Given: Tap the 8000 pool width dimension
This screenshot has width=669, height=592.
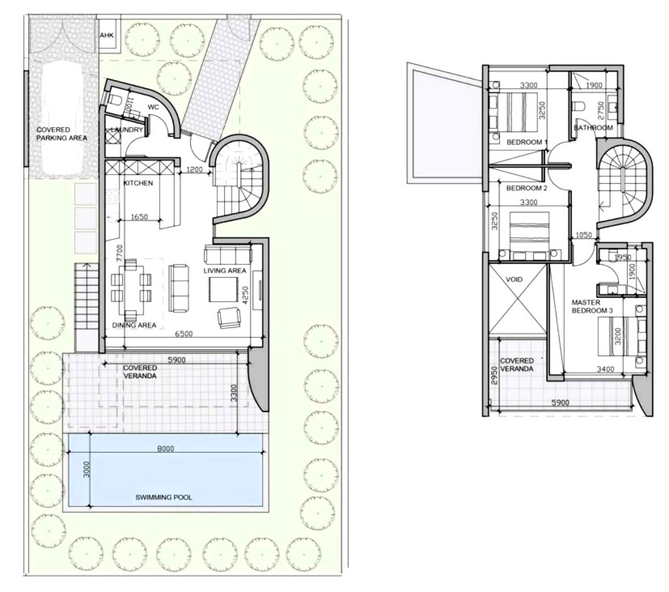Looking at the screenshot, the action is click(x=166, y=449).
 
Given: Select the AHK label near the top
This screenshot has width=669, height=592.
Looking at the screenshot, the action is click(x=107, y=35).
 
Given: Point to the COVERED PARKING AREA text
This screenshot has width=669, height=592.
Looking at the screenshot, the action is click(x=62, y=134).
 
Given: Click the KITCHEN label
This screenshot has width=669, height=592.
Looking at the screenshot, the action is click(x=138, y=183).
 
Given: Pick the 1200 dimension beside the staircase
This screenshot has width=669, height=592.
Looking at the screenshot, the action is click(x=194, y=169).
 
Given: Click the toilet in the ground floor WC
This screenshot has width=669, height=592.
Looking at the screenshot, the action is click(x=114, y=99).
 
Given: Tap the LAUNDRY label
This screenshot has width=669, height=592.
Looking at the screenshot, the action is click(x=127, y=130).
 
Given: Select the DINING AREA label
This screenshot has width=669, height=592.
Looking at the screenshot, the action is click(x=134, y=325).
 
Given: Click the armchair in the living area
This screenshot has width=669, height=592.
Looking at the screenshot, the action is click(x=229, y=318).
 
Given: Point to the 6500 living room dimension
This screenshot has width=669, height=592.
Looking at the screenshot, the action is click(x=184, y=334).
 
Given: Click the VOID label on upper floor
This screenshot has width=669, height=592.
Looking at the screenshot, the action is click(x=514, y=279).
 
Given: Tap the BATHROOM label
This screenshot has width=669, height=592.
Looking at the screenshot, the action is click(x=593, y=128).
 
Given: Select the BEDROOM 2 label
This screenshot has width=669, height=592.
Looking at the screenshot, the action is click(x=527, y=188).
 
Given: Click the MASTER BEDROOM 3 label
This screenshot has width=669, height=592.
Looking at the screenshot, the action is click(x=592, y=306).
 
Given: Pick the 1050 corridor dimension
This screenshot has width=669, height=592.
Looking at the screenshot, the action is click(x=584, y=235).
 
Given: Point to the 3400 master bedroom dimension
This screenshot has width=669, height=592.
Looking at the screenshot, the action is click(x=605, y=369).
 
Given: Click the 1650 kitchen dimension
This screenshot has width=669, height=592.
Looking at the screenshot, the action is click(x=139, y=217).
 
